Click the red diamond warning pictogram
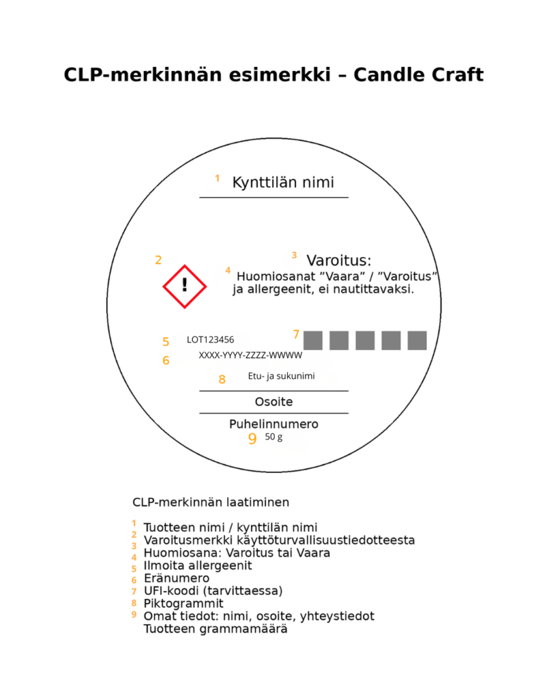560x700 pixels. (185, 286)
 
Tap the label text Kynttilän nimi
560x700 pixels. (283, 183)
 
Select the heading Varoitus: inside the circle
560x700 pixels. (338, 260)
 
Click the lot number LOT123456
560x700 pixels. (211, 339)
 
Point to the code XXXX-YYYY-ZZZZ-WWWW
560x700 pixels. (250, 355)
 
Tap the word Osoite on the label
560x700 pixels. (274, 402)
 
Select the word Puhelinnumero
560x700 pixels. (274, 425)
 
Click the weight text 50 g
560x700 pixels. (274, 437)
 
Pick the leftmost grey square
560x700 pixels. (313, 340)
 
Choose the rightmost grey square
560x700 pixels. (417, 340)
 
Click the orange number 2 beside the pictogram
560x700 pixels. (159, 260)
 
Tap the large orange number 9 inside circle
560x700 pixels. (252, 439)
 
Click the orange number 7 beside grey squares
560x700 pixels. (296, 334)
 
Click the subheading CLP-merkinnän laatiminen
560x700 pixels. (211, 502)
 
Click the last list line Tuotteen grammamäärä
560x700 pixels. (215, 629)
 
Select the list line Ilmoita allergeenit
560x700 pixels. (198, 565)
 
